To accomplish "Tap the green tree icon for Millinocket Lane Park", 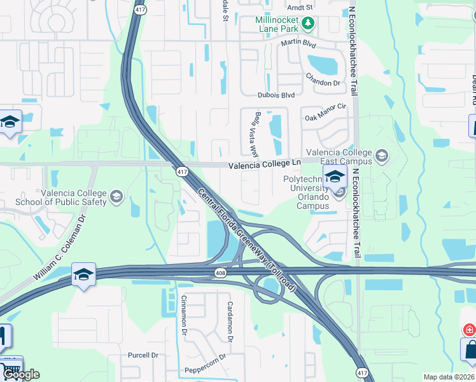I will (x=309, y=24).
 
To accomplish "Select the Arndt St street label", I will (x=300, y=7).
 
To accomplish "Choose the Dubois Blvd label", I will (x=276, y=95).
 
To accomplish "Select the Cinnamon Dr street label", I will (x=184, y=315).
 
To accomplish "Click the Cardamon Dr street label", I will (x=230, y=320).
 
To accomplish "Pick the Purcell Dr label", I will (x=143, y=355).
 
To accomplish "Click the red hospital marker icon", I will (x=469, y=330).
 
